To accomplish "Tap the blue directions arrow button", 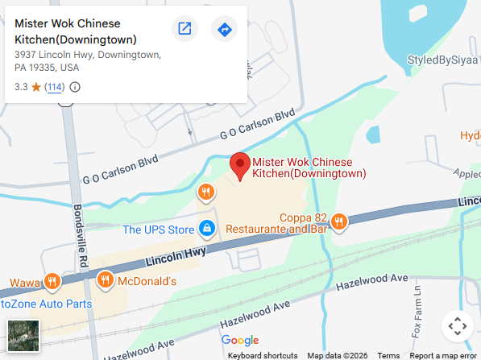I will tap(224, 30).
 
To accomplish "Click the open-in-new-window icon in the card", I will tap(185, 30).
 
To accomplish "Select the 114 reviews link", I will tap(55, 87).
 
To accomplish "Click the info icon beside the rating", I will tap(75, 87).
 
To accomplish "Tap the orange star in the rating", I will tap(36, 86).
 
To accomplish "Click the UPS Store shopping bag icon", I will tap(207, 230).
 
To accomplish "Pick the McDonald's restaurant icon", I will tap(105, 280).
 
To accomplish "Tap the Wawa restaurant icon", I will tap(52, 281).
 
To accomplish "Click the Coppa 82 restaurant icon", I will tap(339, 221).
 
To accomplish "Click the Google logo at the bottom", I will tap(240, 341).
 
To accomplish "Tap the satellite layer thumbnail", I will tap(23, 335).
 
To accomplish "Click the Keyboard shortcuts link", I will tap(263, 355).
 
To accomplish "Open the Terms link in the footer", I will tap(388, 355).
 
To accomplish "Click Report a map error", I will tap(443, 355).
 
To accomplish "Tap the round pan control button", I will tap(457, 326).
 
